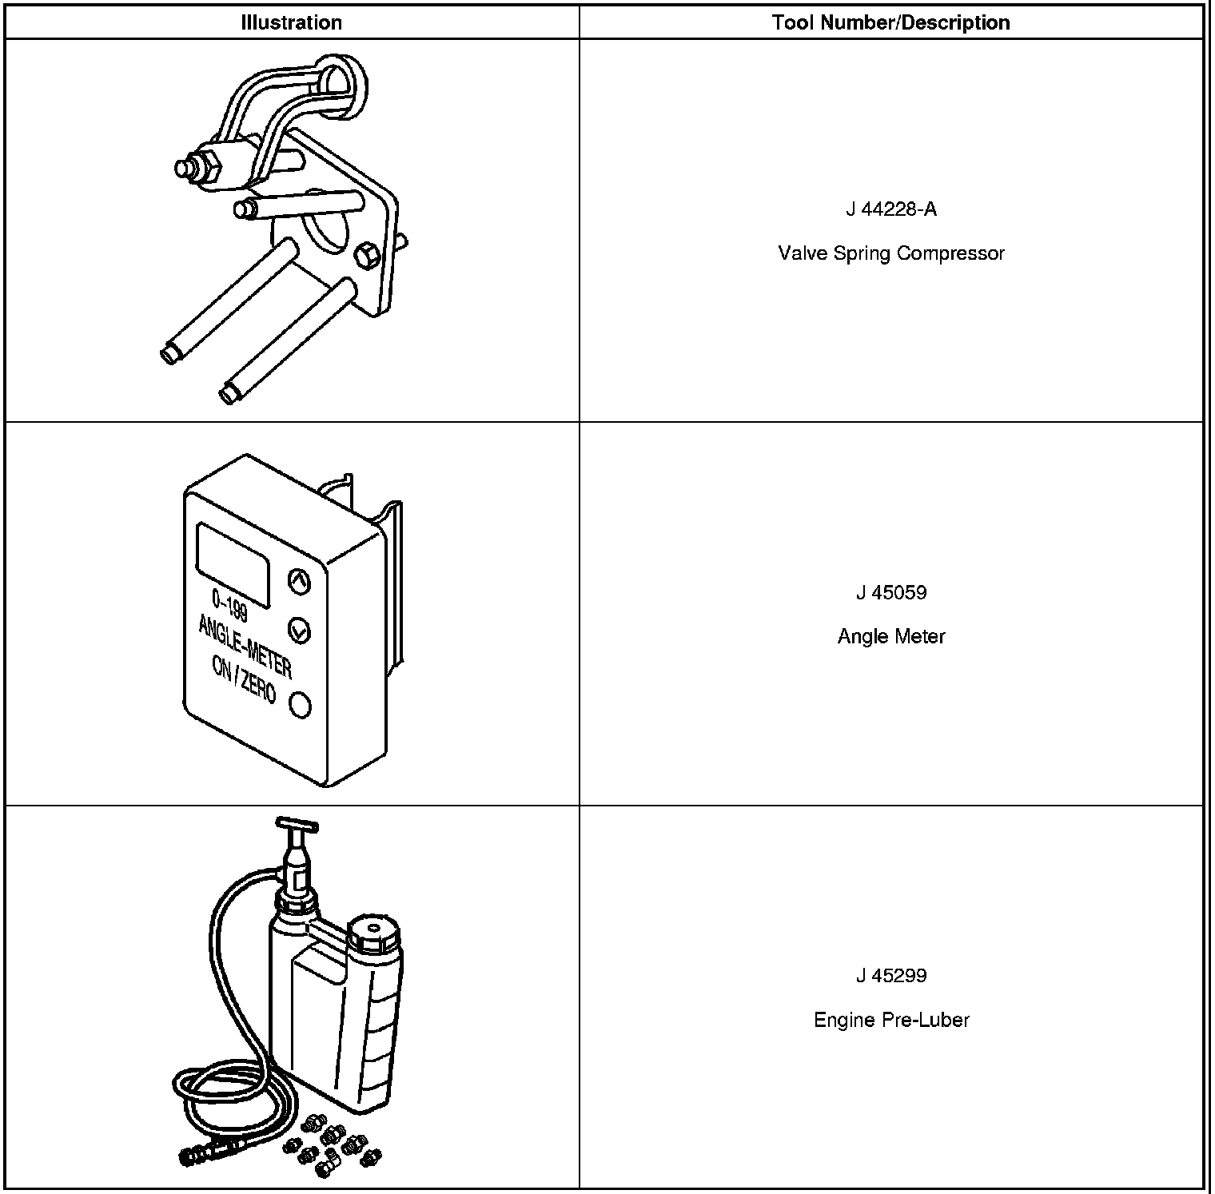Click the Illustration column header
click(x=291, y=22)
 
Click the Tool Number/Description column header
click(x=890, y=22)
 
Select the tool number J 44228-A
click(x=890, y=209)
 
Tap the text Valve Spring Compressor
click(x=890, y=253)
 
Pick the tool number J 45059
click(x=890, y=592)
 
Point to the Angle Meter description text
click(x=890, y=636)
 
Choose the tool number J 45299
click(x=890, y=975)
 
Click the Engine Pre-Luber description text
click(x=890, y=1020)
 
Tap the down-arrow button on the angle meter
click(x=299, y=631)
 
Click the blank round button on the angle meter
click(x=301, y=705)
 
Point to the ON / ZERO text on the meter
click(x=244, y=679)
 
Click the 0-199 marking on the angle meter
click(x=230, y=605)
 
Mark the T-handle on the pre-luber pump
click(x=296, y=824)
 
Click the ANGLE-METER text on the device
click(x=245, y=644)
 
